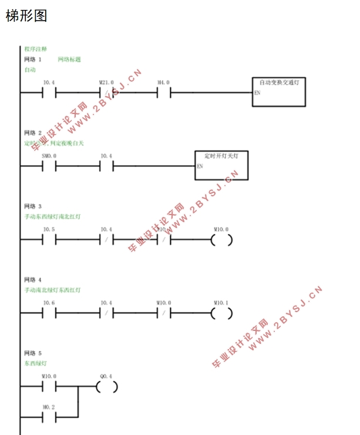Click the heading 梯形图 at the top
click(26, 16)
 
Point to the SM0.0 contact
click(49, 166)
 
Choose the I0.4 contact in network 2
click(107, 166)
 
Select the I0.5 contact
click(49, 240)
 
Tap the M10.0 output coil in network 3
click(221, 240)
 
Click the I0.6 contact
click(49, 313)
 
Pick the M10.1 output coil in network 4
click(221, 313)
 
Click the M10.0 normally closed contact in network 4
click(164, 313)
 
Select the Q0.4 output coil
click(107, 387)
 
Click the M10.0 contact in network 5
click(49, 387)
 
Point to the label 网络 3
click(33, 206)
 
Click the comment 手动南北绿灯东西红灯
click(52, 290)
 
